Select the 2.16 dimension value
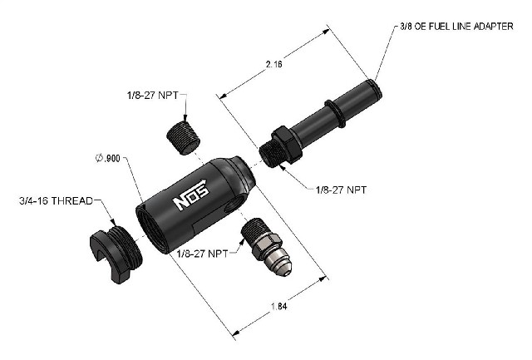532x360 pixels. pos(274,64)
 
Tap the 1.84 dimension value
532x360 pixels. pos(279,306)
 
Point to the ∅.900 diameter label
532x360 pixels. pos(108,158)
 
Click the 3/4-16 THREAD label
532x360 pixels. pos(56,201)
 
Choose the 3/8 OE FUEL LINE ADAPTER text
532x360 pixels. pos(456,27)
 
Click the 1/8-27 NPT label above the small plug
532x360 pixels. pos(152,95)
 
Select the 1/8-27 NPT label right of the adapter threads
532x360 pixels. pos(341,190)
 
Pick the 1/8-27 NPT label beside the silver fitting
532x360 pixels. pos(203,254)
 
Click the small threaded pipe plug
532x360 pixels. pos(184,138)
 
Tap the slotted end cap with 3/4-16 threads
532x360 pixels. pos(116,254)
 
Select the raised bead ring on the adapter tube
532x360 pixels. pos(334,111)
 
